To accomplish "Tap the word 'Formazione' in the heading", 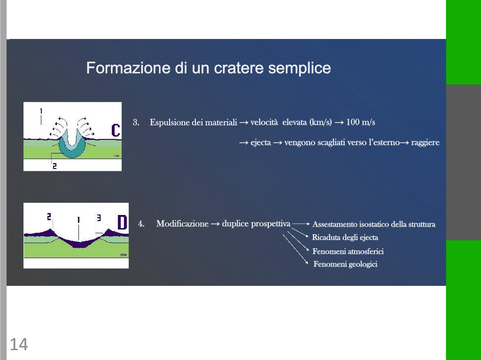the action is coord(128,68).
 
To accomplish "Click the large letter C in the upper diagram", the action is coord(116,130).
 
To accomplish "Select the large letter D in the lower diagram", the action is coord(122,222).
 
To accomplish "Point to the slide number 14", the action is coord(19,345).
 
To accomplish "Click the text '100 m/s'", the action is coord(360,123).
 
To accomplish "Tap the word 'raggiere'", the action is coord(425,143).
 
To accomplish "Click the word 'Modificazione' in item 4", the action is coord(182,223).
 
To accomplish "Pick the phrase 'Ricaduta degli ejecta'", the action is coord(345,237).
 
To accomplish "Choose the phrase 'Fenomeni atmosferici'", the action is coord(348,252).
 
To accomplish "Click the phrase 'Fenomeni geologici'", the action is coord(345,264).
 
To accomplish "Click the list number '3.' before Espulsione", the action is coord(136,123).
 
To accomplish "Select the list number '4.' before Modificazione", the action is coord(141,223).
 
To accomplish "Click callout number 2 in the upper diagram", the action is coord(54,166).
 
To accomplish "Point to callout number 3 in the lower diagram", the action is coord(99,218).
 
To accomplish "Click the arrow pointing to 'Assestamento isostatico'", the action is coord(301,224).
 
